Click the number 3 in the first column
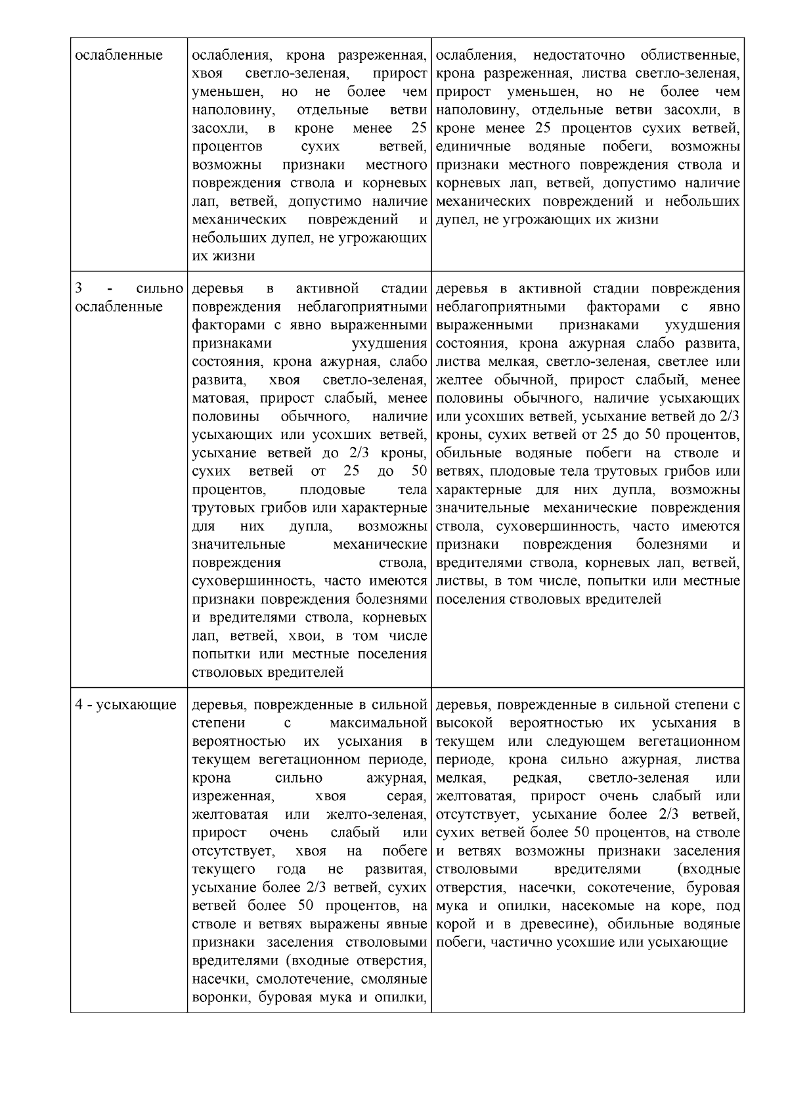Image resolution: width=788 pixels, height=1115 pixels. tap(79, 288)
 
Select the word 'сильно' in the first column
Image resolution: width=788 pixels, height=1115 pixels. tap(160, 288)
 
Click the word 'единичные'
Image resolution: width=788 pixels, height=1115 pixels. tap(468, 146)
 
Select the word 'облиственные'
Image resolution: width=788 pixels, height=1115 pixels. tap(691, 55)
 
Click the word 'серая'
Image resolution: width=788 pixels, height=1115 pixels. tap(410, 796)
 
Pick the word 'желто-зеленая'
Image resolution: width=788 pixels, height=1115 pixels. tap(377, 815)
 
